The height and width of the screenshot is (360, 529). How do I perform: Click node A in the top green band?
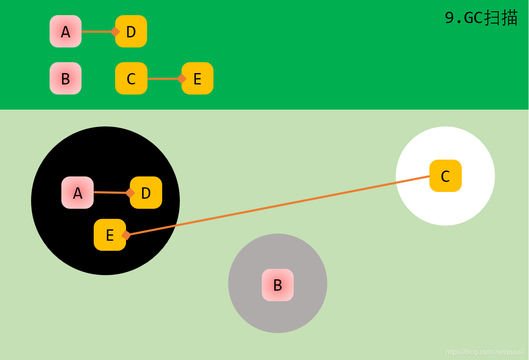(66, 32)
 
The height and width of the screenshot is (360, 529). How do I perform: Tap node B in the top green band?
(66, 79)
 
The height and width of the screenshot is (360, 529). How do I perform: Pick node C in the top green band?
(131, 79)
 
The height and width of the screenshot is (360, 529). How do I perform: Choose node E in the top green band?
(198, 79)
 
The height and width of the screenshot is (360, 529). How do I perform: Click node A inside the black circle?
(77, 193)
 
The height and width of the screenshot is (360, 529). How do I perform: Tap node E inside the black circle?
(110, 235)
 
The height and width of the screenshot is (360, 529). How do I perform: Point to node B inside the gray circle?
(278, 285)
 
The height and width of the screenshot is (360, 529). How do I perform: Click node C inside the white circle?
(445, 176)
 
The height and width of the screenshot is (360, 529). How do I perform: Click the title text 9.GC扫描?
(481, 18)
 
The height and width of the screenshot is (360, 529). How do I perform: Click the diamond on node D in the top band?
(115, 32)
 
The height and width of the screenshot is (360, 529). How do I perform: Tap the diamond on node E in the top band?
(182, 79)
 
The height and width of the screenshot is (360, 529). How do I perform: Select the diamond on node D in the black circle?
(130, 193)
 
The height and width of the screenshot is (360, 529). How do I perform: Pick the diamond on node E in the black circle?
(126, 235)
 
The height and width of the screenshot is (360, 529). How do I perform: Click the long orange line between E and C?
(277, 206)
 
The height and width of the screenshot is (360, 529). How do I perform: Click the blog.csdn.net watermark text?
(485, 352)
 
